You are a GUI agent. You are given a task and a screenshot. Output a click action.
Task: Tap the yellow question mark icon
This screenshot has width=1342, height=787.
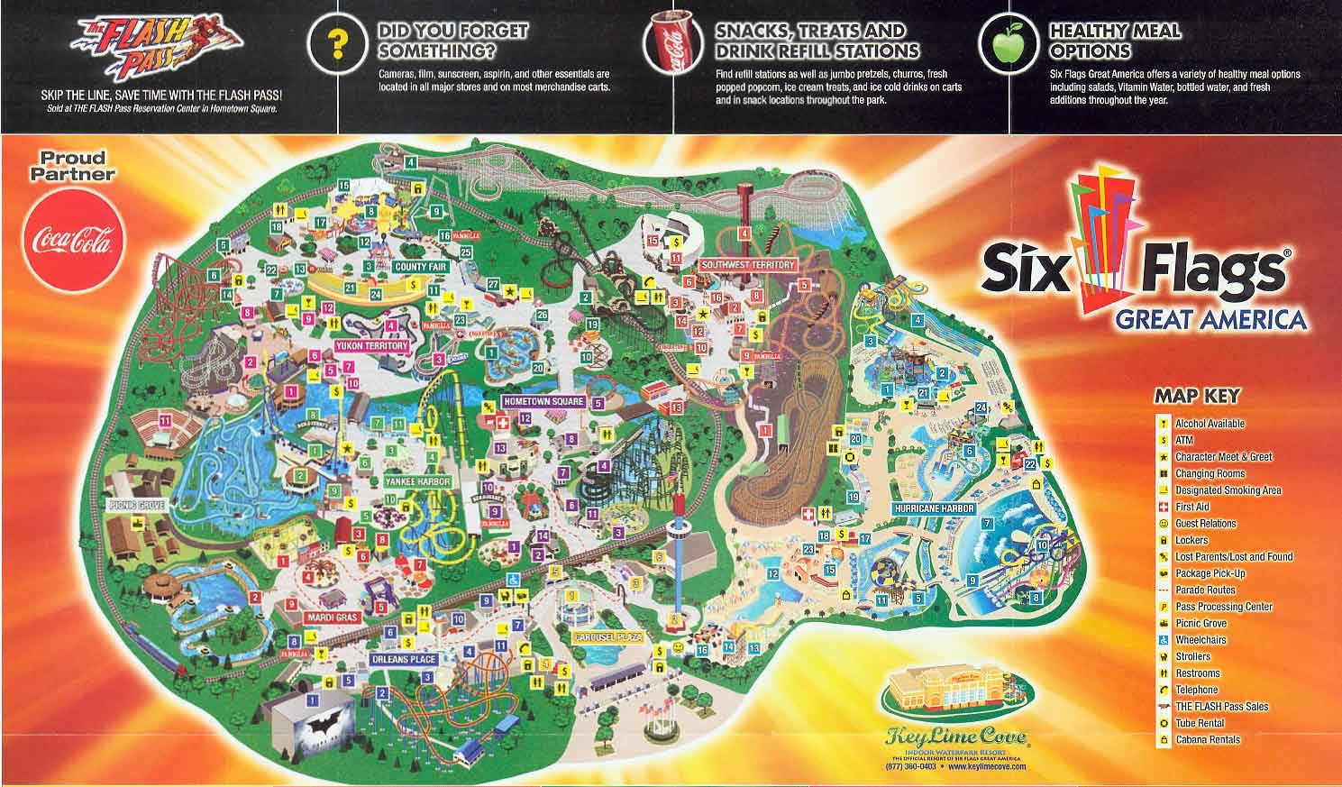click(x=337, y=43)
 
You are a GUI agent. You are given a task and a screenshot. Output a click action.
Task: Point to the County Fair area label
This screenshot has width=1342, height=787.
click(x=419, y=268)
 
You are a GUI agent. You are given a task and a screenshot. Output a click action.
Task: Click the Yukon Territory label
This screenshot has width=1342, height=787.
click(x=371, y=345)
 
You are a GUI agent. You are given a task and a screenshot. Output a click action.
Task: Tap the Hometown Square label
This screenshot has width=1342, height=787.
click(x=544, y=401)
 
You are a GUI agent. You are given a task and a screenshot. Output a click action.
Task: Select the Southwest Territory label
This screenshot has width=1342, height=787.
click(x=748, y=265)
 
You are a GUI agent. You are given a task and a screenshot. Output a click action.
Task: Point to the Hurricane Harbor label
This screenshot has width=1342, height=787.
click(x=935, y=508)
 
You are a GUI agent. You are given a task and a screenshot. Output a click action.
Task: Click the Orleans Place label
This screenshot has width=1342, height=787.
click(x=403, y=660)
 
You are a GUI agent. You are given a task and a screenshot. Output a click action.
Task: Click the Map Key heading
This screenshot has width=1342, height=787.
click(x=1197, y=396)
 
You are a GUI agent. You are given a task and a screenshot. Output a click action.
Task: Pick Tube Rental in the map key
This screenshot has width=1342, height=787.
click(x=1199, y=723)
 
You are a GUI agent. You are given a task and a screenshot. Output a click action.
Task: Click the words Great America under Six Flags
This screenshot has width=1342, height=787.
click(x=1210, y=319)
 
